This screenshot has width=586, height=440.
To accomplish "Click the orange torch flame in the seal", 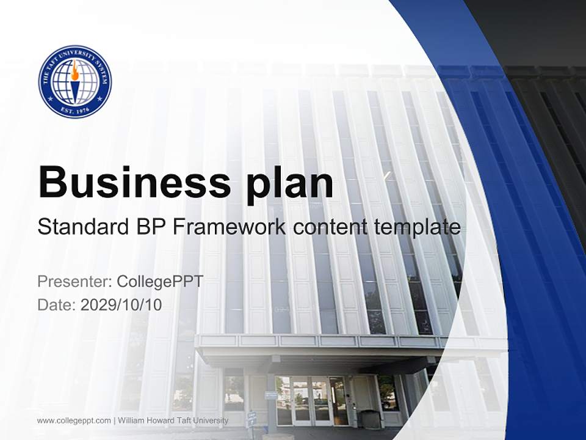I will click(x=74, y=73).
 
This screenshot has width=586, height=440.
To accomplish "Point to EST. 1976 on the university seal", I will click(x=74, y=107).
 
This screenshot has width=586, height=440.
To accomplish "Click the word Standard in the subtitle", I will click(x=80, y=227).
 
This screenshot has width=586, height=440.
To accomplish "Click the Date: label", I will click(x=56, y=304).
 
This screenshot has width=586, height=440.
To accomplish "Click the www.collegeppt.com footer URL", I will click(x=74, y=420).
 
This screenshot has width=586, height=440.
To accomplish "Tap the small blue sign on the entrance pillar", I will click(x=271, y=395).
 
